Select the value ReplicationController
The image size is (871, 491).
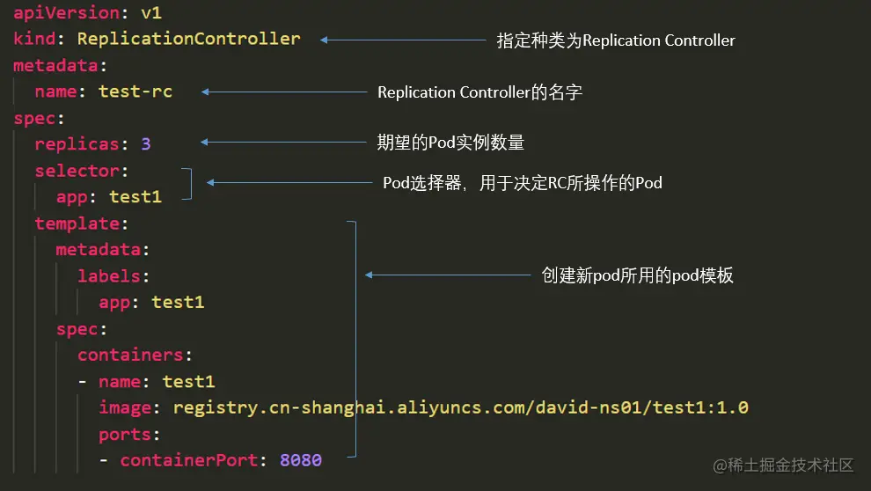tap(188, 39)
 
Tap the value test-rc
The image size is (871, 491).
tap(135, 92)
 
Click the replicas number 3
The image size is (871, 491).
tap(146, 144)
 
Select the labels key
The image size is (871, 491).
tap(109, 276)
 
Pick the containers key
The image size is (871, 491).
tap(130, 355)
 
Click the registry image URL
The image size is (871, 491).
tap(460, 408)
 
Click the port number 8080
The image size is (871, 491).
tap(301, 460)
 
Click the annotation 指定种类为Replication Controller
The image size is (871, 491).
tap(616, 40)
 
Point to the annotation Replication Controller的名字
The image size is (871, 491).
tap(479, 92)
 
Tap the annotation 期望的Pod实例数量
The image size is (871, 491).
tap(450, 143)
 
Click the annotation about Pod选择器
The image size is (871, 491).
tap(522, 183)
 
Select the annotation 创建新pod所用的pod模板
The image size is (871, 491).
tap(637, 275)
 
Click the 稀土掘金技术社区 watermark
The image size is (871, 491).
tap(783, 465)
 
